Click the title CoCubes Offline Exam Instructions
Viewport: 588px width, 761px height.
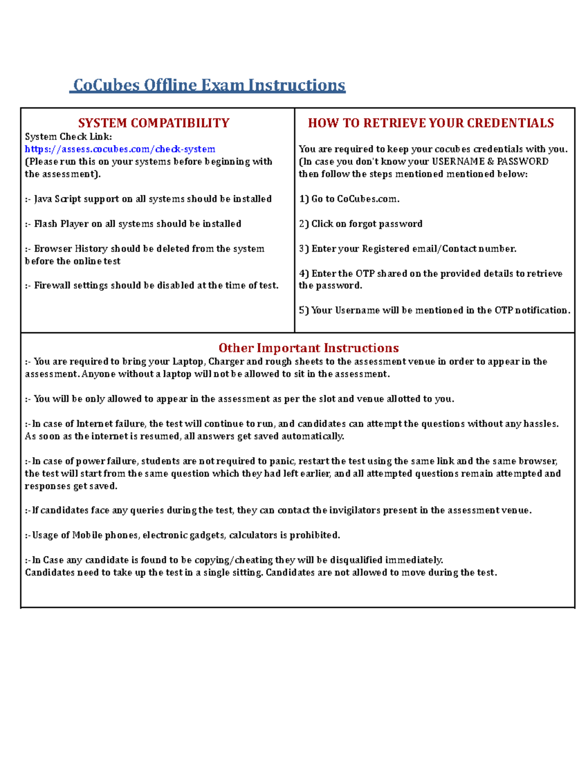coord(208,85)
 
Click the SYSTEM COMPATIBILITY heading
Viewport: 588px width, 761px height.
coord(154,123)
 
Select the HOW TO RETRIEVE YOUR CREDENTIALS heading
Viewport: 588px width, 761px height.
coord(431,123)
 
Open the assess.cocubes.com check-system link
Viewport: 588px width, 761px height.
coord(120,149)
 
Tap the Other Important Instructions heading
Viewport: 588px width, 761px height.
coord(308,348)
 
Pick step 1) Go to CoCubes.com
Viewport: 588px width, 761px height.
coord(349,199)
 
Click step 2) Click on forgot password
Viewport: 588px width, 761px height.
coord(361,224)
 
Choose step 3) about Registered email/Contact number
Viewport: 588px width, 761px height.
coord(408,249)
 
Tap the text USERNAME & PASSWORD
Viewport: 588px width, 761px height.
coord(490,162)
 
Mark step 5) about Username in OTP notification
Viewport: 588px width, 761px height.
coord(435,310)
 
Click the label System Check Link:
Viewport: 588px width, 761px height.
coord(68,137)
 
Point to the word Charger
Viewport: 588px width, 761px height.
coord(226,362)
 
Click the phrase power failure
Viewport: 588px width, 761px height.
coord(107,461)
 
